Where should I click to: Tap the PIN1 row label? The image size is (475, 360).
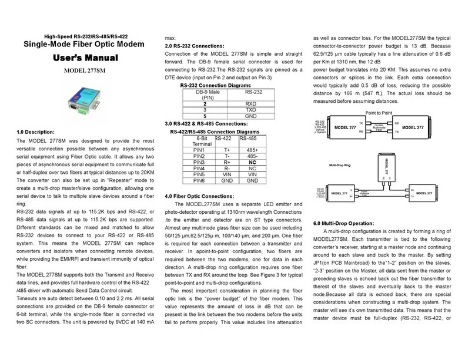[x=202, y=150]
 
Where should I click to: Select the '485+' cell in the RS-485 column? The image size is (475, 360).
[x=252, y=150]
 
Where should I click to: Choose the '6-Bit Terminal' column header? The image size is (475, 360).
[x=202, y=140]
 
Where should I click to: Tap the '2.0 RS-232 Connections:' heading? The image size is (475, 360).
[x=195, y=46]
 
